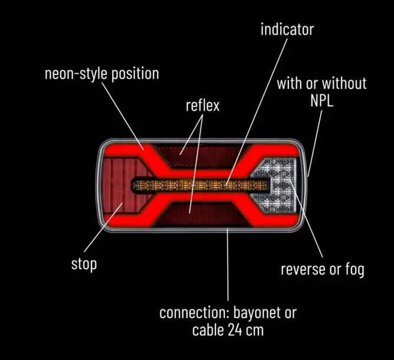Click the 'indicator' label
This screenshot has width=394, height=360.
tap(287, 30)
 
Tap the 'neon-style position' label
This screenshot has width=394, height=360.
tap(102, 74)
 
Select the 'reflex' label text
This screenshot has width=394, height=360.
tap(202, 106)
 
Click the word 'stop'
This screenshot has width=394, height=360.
tap(84, 264)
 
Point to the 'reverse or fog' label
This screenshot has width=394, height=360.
tap(323, 270)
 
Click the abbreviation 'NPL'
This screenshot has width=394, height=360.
tap(321, 101)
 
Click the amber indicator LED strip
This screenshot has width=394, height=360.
tap(200, 185)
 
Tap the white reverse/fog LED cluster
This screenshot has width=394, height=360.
tap(279, 185)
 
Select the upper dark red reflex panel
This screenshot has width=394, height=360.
tap(201, 156)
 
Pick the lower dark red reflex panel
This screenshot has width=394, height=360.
tap(199, 214)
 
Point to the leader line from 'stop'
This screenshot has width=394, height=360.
tap(103, 227)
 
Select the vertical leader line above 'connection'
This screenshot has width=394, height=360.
tap(228, 264)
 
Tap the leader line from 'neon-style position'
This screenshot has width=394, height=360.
tap(123, 116)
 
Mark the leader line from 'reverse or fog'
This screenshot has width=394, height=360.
tap(306, 218)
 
